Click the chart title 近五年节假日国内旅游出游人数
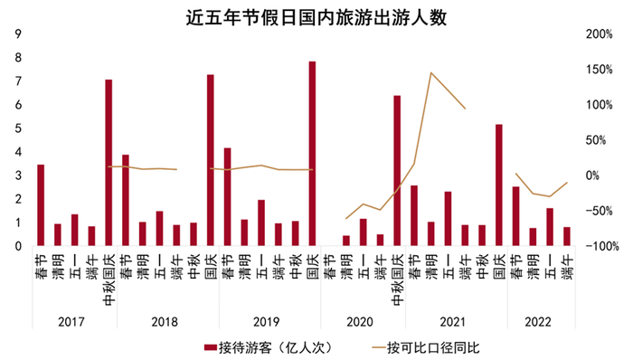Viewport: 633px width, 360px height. [x=316, y=16]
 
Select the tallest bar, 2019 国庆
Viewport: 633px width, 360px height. [x=312, y=154]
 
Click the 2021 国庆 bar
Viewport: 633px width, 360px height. [x=498, y=185]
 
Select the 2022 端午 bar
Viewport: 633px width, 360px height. [x=567, y=236]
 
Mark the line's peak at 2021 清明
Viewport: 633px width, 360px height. [x=431, y=73]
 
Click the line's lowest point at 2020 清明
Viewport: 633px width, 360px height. [x=346, y=218]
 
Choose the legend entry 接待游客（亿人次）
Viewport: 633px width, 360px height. [x=262, y=346]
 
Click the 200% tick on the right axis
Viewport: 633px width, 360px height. [x=600, y=34]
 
